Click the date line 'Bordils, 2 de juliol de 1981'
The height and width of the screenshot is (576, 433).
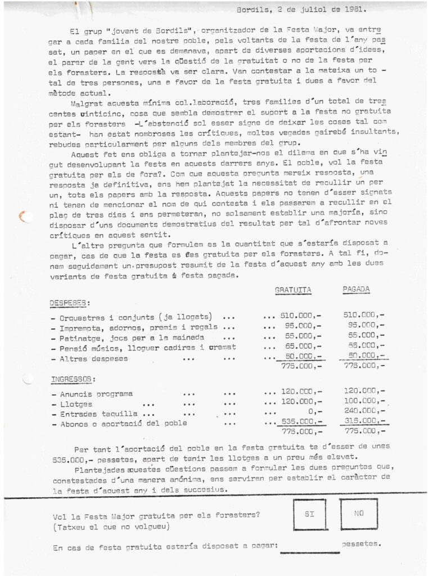tap(297, 9)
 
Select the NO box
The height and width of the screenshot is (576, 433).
tap(359, 514)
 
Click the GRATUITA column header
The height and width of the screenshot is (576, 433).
tap(293, 290)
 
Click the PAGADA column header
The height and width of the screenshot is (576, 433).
tap(356, 290)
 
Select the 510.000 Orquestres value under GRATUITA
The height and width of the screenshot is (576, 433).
tap(298, 317)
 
